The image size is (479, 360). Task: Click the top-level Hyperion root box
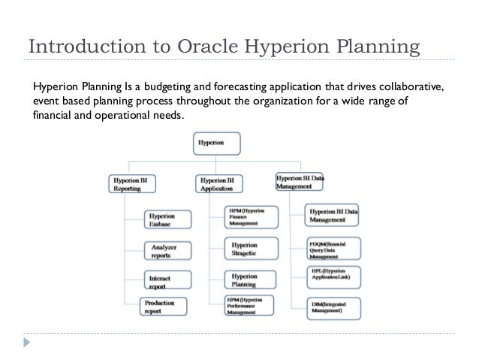pyautogui.click(x=217, y=142)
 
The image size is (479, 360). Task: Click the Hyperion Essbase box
pyautogui.click(x=167, y=219)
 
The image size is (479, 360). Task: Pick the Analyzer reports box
pyautogui.click(x=167, y=250)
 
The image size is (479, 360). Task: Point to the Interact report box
pyautogui.click(x=167, y=281)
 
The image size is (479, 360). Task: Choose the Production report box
pyautogui.click(x=167, y=307)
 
